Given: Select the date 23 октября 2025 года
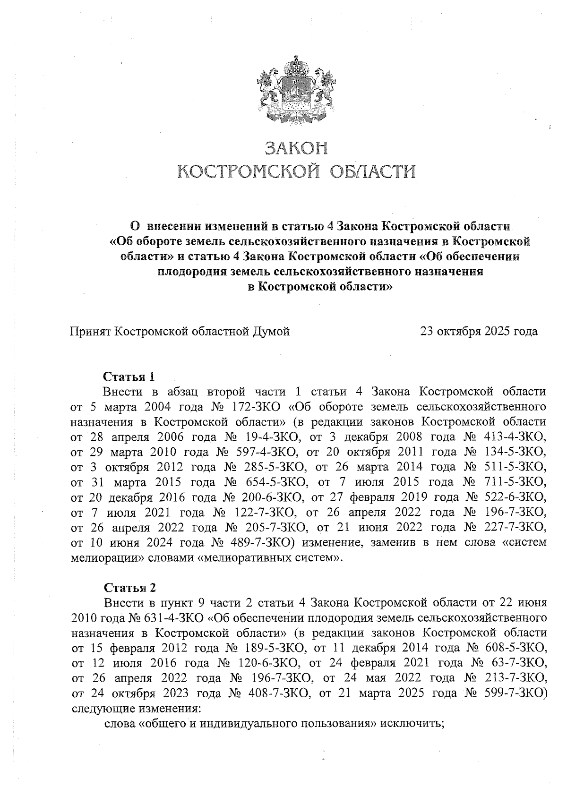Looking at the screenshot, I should tap(479, 331).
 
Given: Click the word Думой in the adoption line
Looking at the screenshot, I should tap(271, 331).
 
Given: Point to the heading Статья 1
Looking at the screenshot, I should tap(129, 377).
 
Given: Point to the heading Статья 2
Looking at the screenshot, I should tap(129, 588).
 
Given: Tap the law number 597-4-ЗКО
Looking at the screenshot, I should tap(264, 452).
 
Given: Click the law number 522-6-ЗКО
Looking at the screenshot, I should tap(513, 497).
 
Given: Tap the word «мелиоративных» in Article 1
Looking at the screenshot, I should tap(255, 557).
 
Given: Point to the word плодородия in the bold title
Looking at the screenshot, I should tap(189, 272).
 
